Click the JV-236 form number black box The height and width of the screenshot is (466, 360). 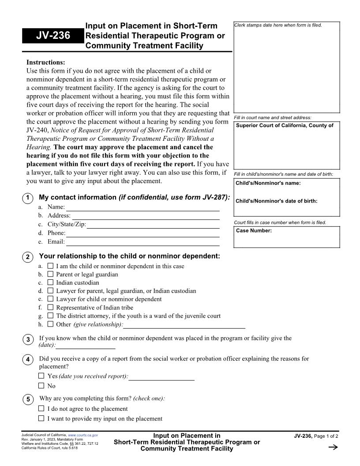click(x=53, y=36)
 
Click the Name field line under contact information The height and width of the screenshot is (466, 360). click(x=142, y=207)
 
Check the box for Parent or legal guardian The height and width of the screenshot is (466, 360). click(x=50, y=274)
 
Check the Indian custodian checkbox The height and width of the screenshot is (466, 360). click(x=50, y=282)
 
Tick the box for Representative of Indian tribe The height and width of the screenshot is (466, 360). click(x=50, y=308)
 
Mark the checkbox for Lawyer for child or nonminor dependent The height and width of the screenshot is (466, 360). click(x=50, y=299)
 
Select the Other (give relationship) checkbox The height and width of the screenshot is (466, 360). click(x=50, y=324)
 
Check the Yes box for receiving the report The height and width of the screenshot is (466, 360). click(x=41, y=376)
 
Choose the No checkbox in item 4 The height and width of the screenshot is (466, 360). click(x=41, y=386)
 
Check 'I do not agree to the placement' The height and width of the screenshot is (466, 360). click(x=41, y=409)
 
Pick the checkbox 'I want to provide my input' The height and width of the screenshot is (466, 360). click(x=41, y=418)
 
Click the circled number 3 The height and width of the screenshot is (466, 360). click(x=28, y=339)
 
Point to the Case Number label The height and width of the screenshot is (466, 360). click(x=254, y=231)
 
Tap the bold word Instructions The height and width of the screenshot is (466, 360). click(x=45, y=62)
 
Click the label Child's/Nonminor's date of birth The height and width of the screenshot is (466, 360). click(x=277, y=201)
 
